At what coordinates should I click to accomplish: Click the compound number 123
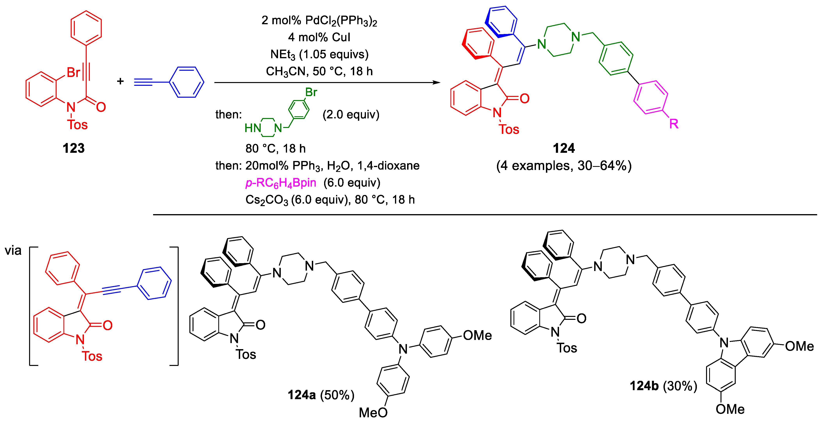tap(73, 148)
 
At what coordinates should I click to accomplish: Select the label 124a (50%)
tap(321, 395)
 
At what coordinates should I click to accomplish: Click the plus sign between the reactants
tap(120, 81)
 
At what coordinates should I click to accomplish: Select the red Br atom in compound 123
tap(73, 72)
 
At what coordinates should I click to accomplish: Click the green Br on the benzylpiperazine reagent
tap(311, 92)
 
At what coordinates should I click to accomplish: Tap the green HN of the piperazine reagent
tap(252, 128)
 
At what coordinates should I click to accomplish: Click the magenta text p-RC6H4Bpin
tap(281, 183)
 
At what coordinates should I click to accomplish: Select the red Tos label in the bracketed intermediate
tap(92, 356)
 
